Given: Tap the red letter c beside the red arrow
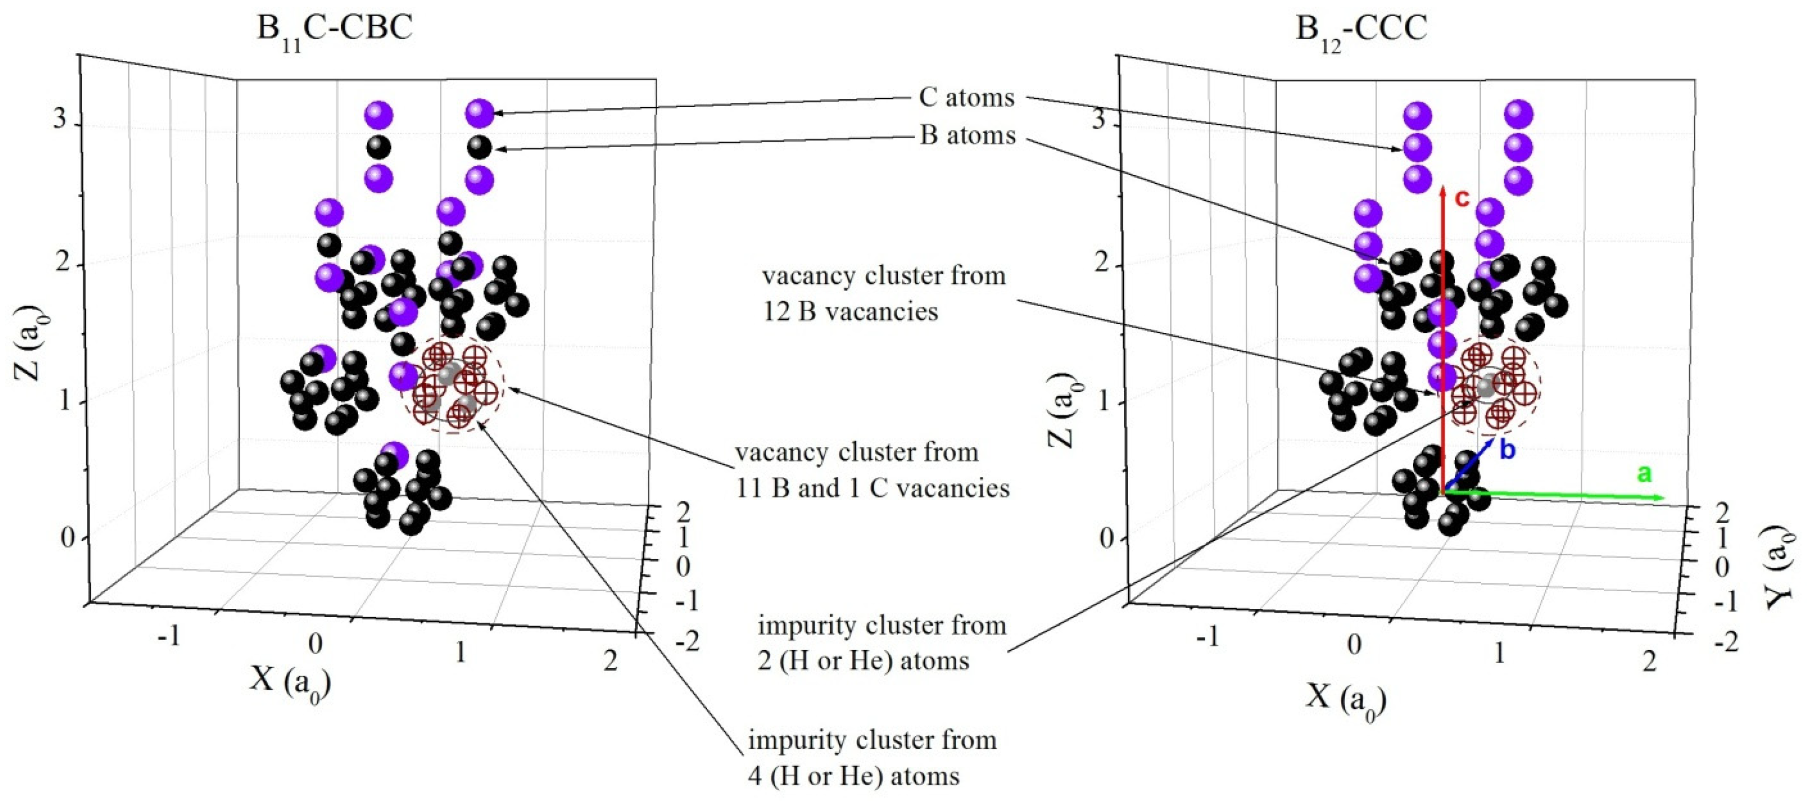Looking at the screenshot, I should click(1462, 199).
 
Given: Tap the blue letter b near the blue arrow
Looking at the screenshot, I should click(1508, 450).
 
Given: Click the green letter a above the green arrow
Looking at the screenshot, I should click(1644, 474).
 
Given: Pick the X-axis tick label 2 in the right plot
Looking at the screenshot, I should click(1649, 660).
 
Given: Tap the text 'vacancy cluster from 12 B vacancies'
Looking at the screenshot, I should click(883, 293).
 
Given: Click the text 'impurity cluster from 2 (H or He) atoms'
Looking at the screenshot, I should click(881, 642).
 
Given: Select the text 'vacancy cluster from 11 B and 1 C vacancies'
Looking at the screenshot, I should click(872, 470).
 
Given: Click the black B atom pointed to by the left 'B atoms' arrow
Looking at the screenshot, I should click(480, 148).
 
